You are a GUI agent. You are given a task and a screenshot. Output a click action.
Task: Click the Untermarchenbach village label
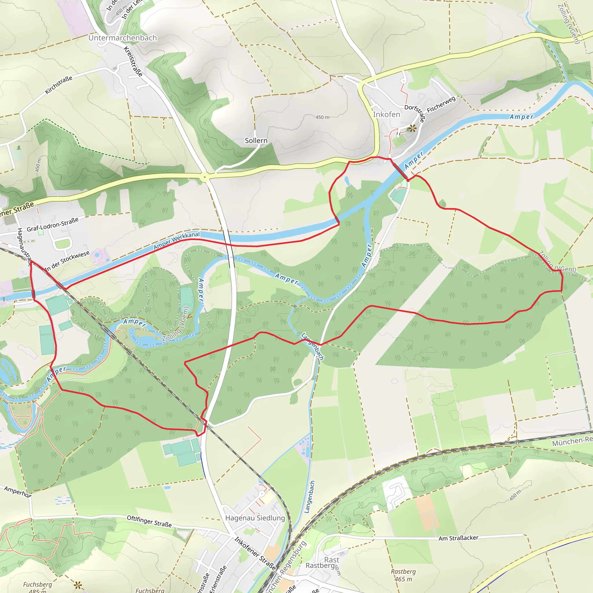coord(122,38)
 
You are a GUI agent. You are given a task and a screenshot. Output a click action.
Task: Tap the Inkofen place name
coord(387,114)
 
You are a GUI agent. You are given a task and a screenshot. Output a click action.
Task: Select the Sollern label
coord(256,140)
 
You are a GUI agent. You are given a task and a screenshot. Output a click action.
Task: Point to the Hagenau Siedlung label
coord(255,518)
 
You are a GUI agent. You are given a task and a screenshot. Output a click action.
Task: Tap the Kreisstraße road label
coord(133,61)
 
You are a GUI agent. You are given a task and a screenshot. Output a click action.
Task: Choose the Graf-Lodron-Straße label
coord(52,224)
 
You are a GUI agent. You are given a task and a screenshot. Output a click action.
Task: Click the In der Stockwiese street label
coord(67,261)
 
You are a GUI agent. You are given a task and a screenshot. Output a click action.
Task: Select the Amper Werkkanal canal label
coord(177,240)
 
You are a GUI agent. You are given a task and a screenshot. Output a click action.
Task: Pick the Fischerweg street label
coord(441,104)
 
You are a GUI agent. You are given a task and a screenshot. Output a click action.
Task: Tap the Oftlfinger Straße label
coord(149,521)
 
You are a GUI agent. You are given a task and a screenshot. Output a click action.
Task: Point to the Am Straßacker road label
coord(458,538)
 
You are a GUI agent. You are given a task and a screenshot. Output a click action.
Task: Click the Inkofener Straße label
coord(255,553)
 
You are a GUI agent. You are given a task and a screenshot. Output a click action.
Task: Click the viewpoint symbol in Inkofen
coord(413,128)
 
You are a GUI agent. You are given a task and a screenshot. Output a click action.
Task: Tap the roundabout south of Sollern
coord(204,177)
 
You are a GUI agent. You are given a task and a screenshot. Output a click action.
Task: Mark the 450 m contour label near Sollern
coord(322,117)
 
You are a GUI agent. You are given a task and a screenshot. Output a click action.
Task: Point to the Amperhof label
coord(17,492)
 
